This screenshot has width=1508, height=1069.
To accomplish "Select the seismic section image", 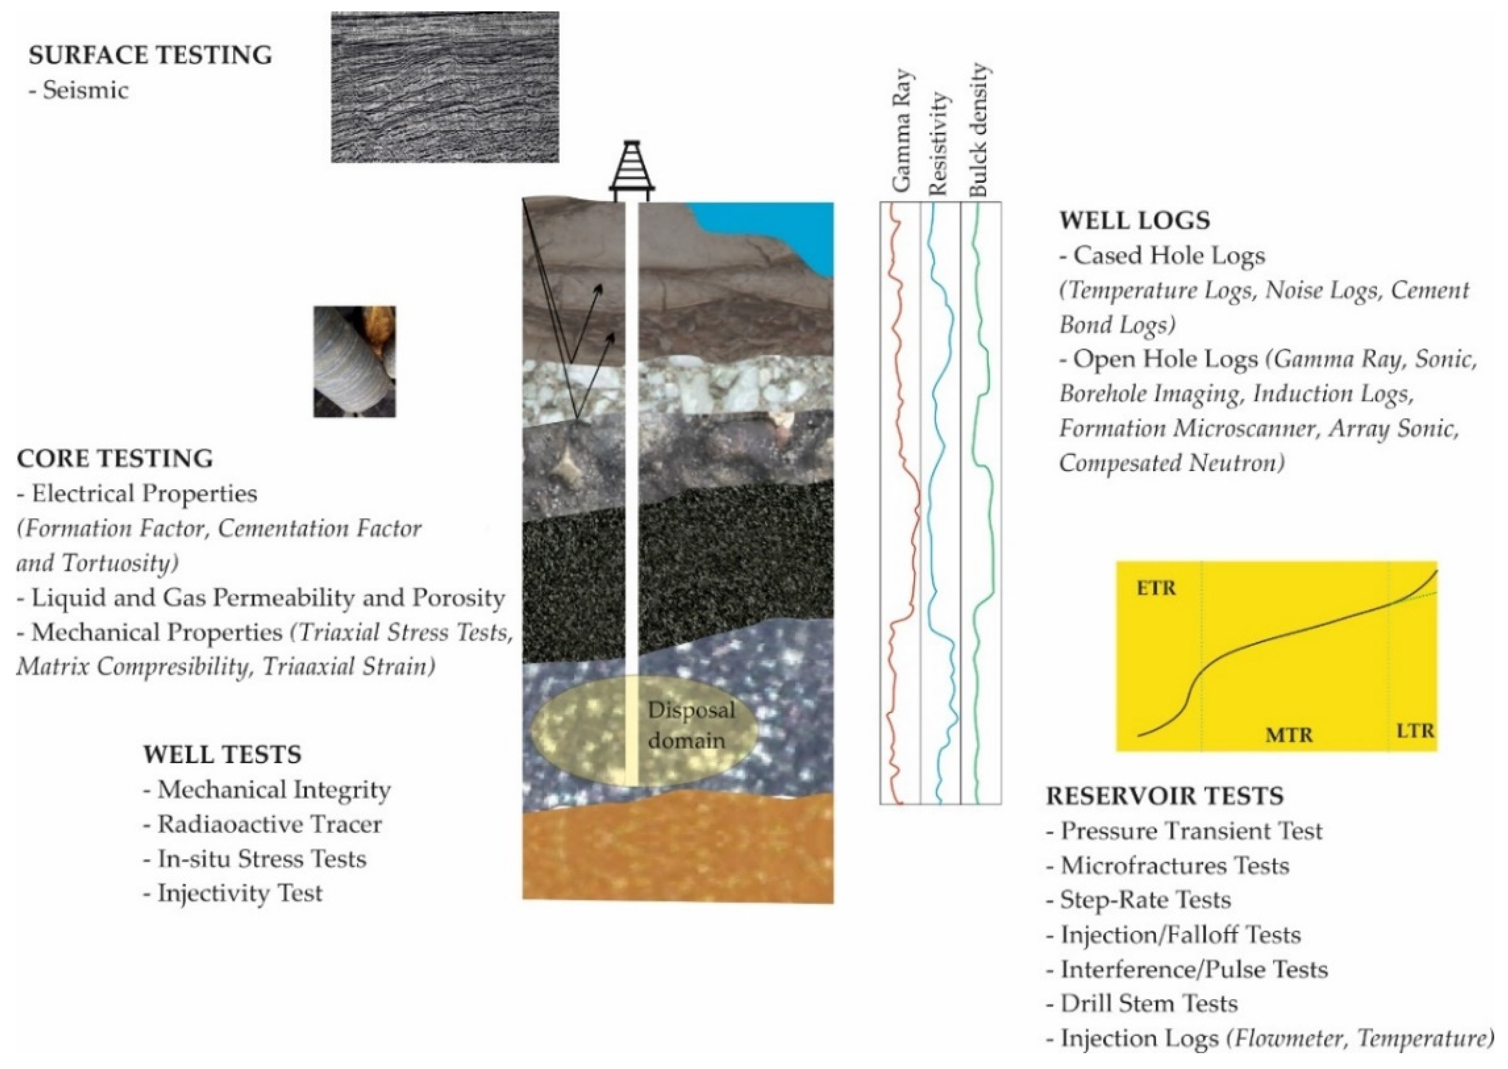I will (x=445, y=87).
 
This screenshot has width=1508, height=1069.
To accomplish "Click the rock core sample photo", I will (x=355, y=361).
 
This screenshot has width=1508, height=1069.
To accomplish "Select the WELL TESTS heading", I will (x=222, y=754).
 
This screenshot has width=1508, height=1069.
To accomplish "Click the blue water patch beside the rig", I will (x=790, y=230).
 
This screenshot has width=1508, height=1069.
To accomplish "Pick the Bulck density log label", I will (x=979, y=130).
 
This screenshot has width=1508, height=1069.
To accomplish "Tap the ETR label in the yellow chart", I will (x=1156, y=588).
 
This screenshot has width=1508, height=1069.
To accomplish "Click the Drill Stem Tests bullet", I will (x=1149, y=1004).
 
